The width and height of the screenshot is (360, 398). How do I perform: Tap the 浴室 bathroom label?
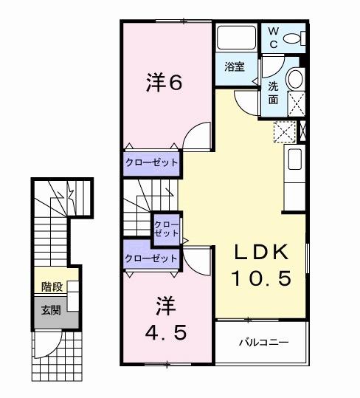[x=235, y=65]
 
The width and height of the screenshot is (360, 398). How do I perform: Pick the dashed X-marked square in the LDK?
[x=284, y=132]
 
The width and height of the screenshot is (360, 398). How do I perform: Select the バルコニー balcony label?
[x=262, y=343]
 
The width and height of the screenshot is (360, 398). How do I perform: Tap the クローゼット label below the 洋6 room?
[x=151, y=162]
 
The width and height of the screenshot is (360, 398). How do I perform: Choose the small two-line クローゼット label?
[x=166, y=227]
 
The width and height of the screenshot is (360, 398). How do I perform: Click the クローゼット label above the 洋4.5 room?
[x=151, y=258]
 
